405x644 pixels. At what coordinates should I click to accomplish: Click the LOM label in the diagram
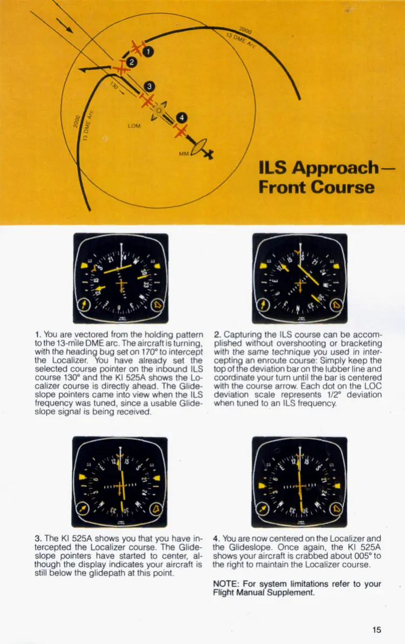coord(134,126)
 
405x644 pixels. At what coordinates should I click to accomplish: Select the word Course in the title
coord(341,188)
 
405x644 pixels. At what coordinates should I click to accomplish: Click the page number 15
coord(376,629)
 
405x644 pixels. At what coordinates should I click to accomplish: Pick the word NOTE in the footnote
coord(225,584)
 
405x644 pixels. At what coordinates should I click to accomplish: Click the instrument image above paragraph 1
coord(121,278)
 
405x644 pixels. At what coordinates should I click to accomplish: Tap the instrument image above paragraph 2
coord(300,278)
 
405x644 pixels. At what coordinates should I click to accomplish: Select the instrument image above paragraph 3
coord(119,481)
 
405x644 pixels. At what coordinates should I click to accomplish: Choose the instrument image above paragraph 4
coord(299,481)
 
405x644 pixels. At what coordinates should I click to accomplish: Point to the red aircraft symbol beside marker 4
coord(181,130)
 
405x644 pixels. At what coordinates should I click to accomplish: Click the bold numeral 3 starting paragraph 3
coord(37,538)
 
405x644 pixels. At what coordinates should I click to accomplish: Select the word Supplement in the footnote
coord(292,593)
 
